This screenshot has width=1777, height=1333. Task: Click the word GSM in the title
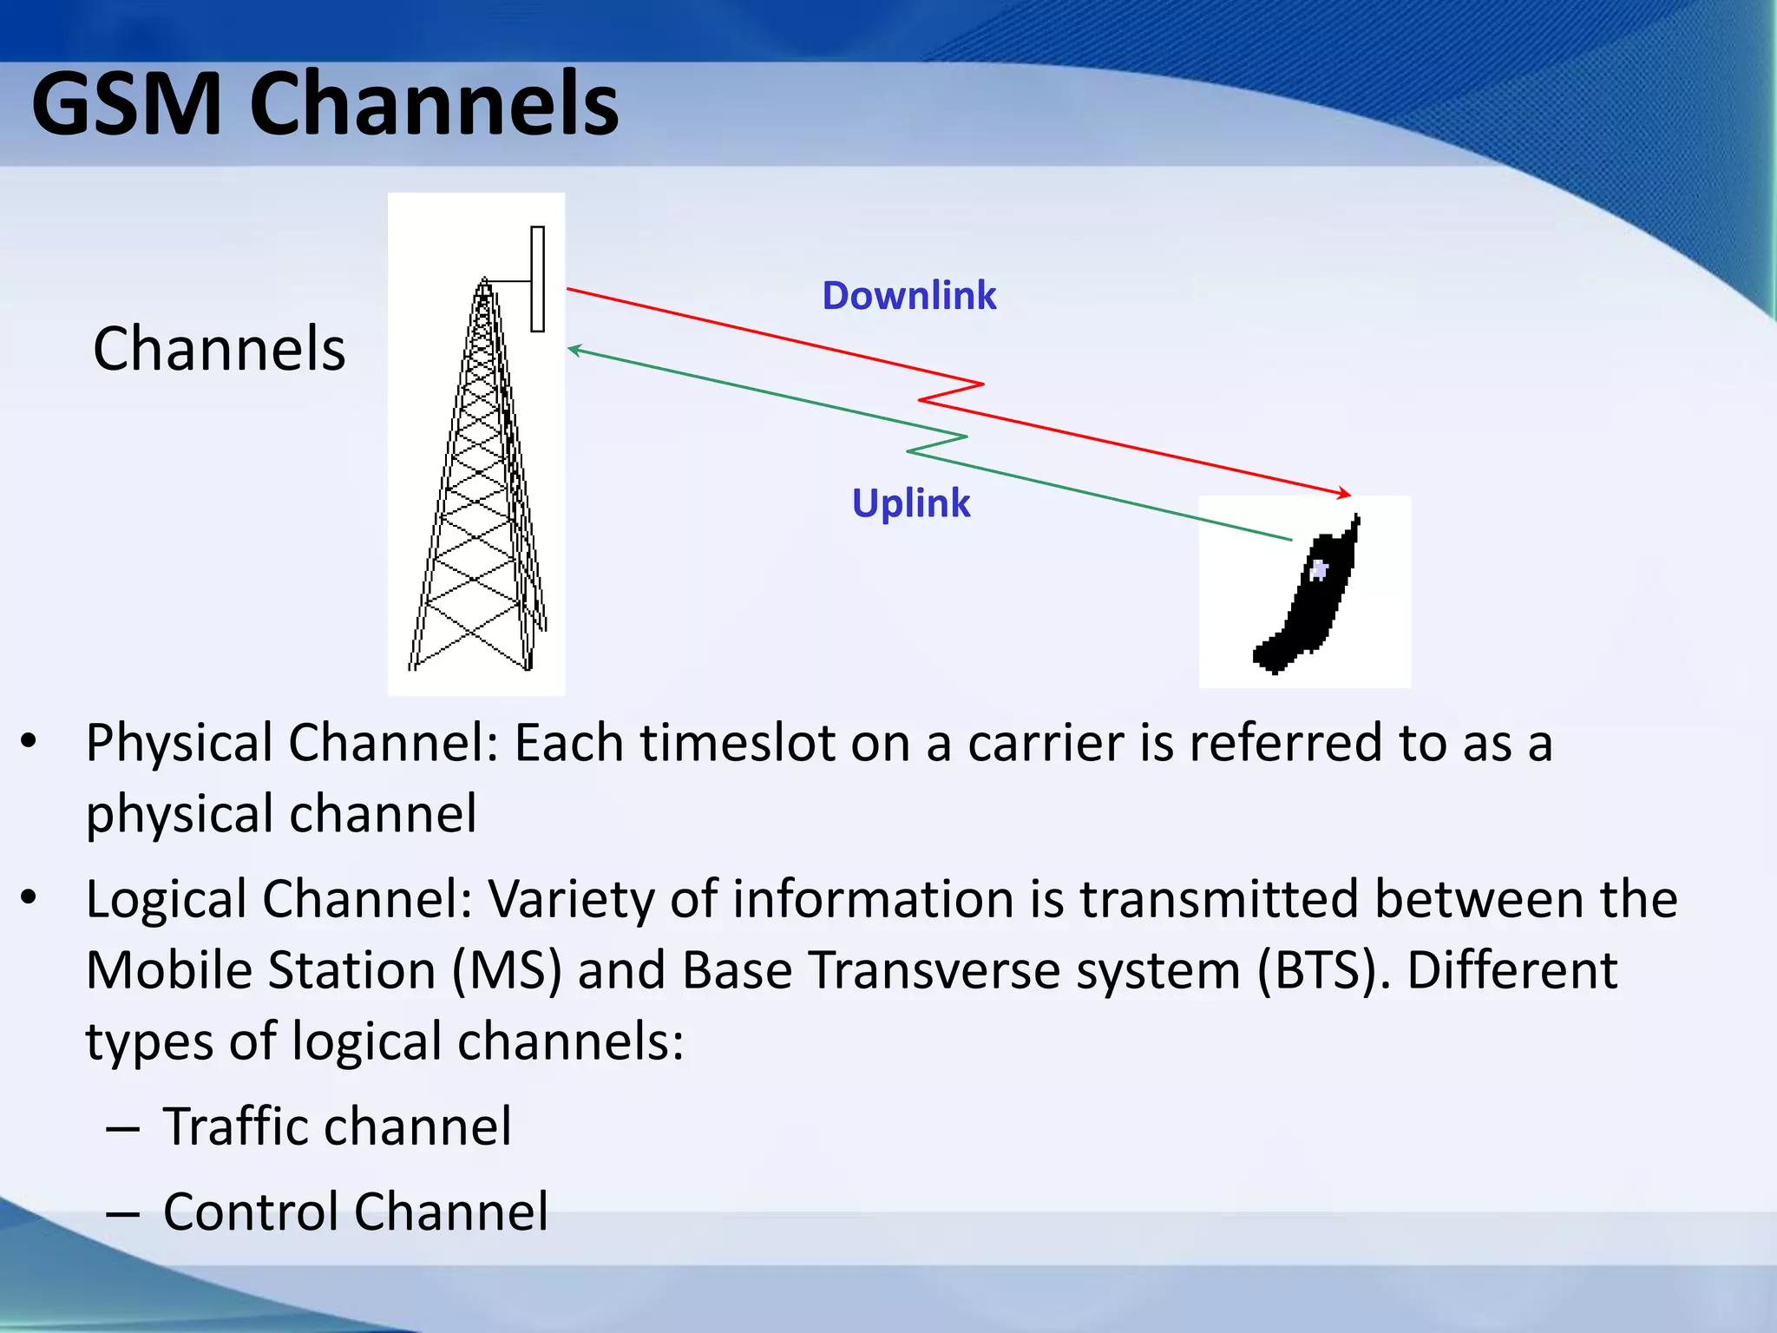click(127, 106)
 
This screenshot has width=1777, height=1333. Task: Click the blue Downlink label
click(908, 296)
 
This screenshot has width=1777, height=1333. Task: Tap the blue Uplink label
click(910, 503)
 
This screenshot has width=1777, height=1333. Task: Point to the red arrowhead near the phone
click(1344, 493)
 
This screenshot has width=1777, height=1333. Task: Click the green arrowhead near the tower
click(574, 350)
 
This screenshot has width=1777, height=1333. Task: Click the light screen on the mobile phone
click(1319, 570)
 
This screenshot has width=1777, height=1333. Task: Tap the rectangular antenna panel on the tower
click(538, 279)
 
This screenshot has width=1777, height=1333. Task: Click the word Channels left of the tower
click(219, 349)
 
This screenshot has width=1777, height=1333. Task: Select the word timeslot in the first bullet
click(737, 744)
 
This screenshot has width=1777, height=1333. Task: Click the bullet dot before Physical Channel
click(29, 741)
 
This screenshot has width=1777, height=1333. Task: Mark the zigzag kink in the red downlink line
click(951, 392)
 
